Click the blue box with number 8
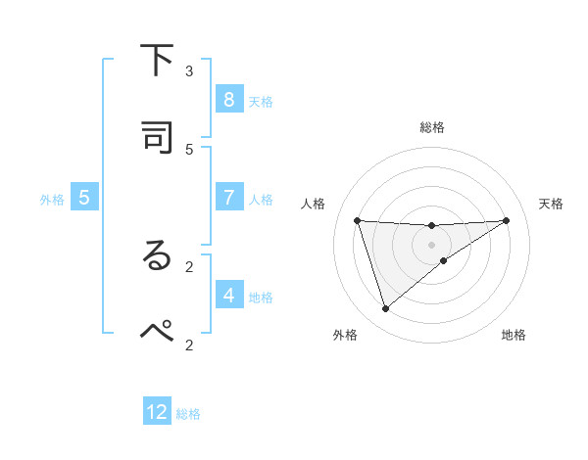(x=228, y=100)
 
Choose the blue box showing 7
(x=228, y=198)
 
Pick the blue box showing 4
(x=228, y=295)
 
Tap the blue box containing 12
(x=157, y=412)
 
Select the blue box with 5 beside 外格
(x=84, y=198)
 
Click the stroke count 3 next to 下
(x=189, y=70)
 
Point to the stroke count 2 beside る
(x=189, y=265)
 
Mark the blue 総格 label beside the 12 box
(x=188, y=414)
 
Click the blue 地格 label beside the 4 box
(x=261, y=297)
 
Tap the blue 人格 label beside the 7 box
(x=261, y=200)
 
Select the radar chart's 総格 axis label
(x=431, y=127)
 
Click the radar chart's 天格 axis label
(x=551, y=204)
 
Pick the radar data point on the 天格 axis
(x=506, y=220)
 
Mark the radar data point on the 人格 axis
(x=357, y=220)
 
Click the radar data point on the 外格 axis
(x=385, y=309)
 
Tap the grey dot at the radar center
(x=431, y=245)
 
